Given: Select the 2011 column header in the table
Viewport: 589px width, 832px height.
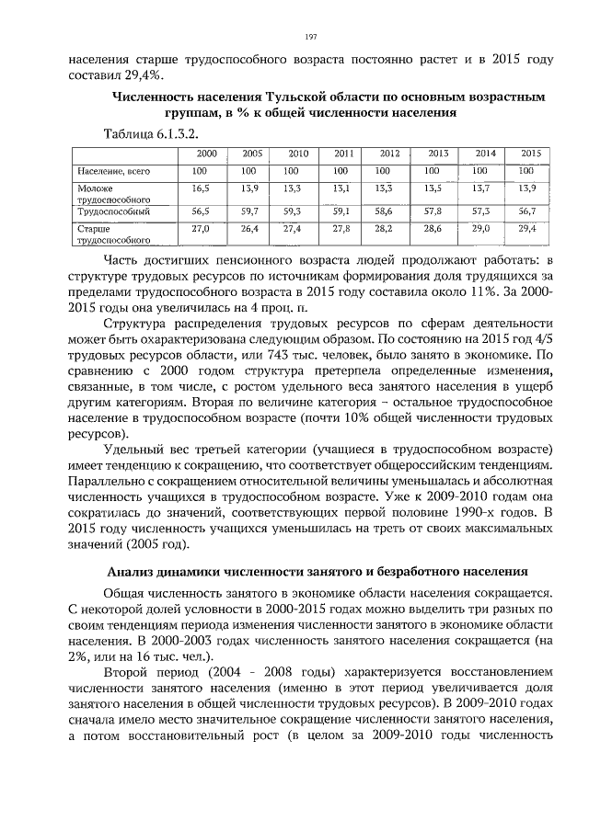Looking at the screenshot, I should (343, 154).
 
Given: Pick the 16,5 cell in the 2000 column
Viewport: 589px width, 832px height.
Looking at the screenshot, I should (201, 188).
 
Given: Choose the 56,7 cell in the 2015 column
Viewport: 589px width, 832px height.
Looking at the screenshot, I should (526, 211).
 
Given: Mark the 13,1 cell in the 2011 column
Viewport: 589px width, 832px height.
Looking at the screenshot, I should (341, 188).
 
